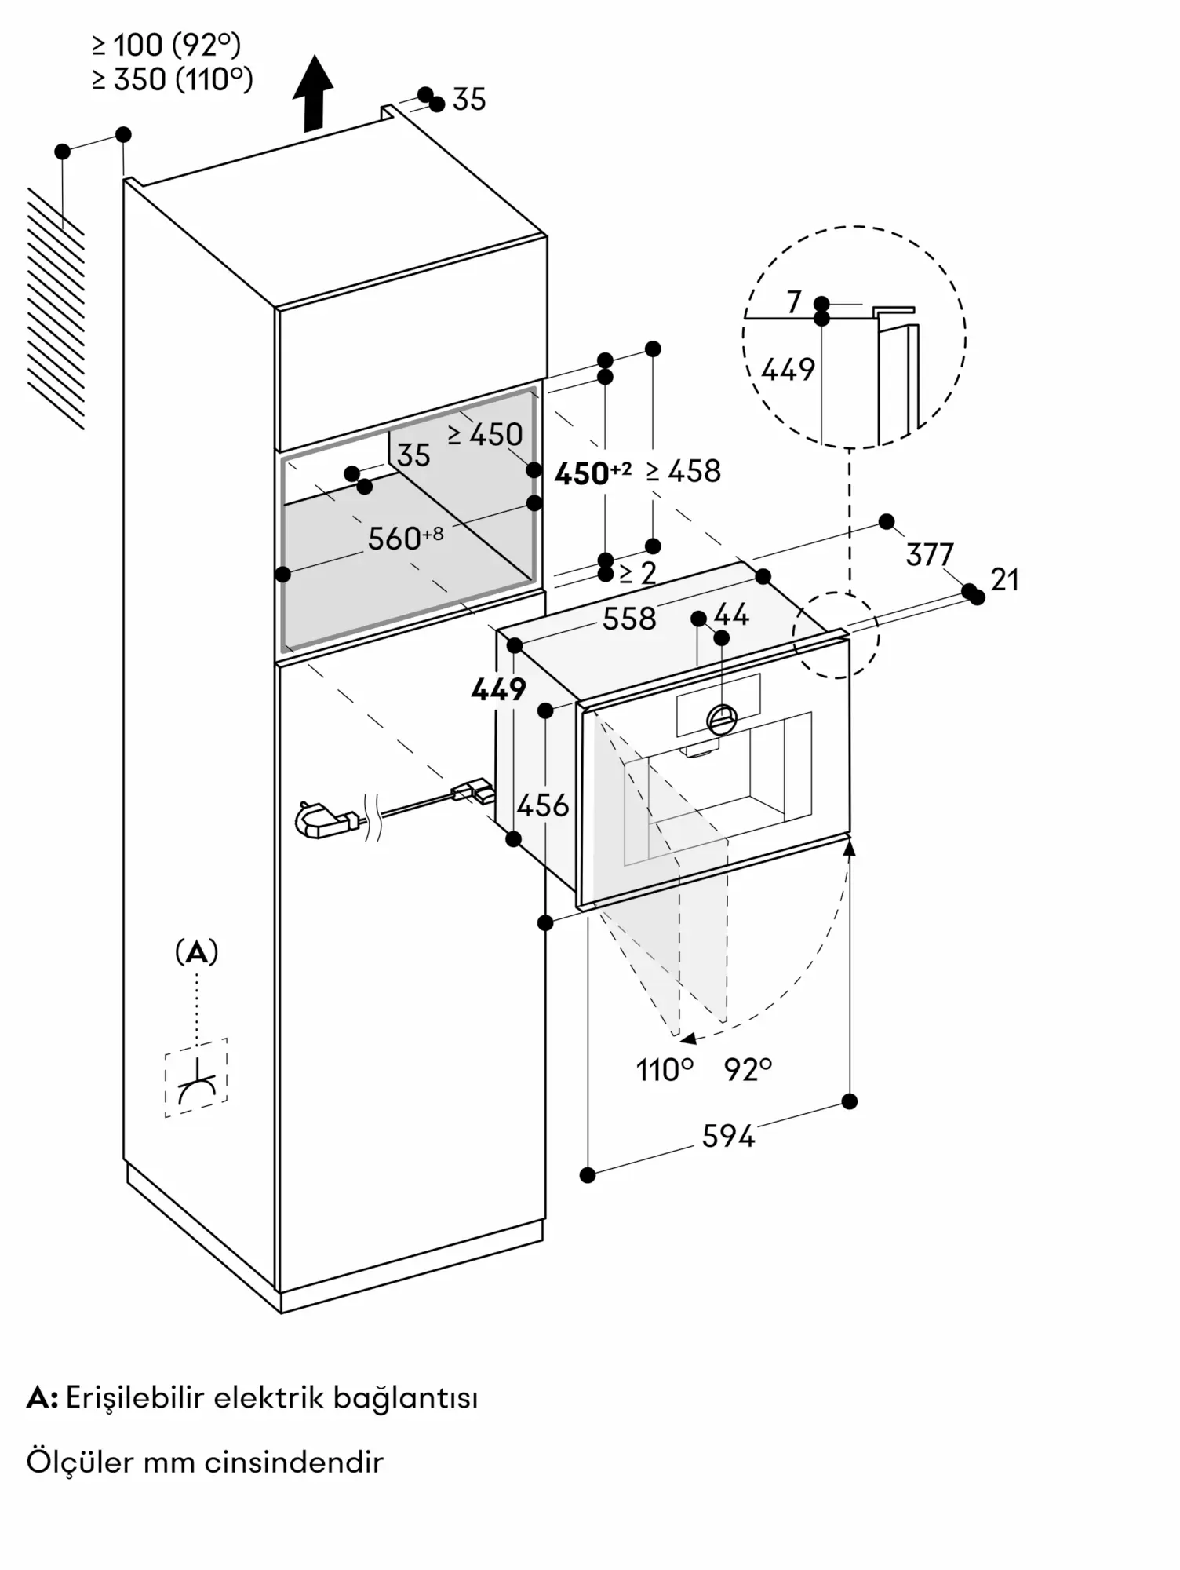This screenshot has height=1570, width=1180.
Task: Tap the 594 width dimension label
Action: point(728,1136)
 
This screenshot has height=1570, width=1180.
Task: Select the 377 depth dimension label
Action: point(930,555)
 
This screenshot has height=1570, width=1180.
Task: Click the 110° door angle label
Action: point(665,1069)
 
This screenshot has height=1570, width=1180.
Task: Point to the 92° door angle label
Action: point(748,1069)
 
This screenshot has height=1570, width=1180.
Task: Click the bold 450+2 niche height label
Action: point(592,473)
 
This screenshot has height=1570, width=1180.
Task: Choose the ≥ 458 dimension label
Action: point(683,471)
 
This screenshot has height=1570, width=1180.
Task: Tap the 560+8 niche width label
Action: point(406,538)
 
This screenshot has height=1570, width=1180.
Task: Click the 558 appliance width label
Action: point(629,619)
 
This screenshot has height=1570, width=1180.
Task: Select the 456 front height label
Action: point(543,805)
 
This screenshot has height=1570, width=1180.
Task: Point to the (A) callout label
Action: point(196,953)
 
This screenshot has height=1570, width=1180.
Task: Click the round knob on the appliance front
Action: point(722,717)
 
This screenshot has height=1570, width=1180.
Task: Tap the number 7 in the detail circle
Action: point(794,301)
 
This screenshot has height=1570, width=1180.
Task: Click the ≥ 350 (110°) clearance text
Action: point(173,79)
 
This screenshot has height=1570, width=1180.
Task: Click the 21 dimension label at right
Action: point(1005,580)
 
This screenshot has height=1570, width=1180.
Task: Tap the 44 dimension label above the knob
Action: point(731,615)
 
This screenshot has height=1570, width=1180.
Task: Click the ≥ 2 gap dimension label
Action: point(638,573)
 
